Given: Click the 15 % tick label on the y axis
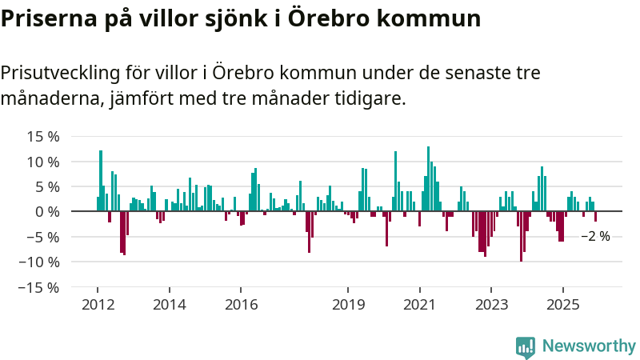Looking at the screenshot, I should [x=42, y=137].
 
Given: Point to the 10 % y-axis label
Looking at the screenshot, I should [x=42, y=162].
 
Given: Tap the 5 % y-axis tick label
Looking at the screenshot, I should [x=46, y=186].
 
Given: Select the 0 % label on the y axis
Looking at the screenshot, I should [x=46, y=211].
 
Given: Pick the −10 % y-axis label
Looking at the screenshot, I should [x=39, y=262].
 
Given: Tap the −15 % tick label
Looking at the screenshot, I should [x=39, y=286].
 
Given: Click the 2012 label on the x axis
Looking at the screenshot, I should [x=97, y=305].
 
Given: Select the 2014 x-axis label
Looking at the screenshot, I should [x=169, y=305].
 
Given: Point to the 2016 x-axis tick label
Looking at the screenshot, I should [x=241, y=305].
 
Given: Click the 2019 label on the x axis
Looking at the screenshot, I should [x=348, y=305].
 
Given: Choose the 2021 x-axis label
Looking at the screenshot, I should [x=420, y=305].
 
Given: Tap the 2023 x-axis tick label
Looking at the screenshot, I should [x=492, y=305].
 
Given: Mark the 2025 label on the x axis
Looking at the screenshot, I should [x=563, y=305].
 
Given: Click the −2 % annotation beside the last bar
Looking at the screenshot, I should [x=595, y=237].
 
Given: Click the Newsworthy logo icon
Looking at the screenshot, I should [x=526, y=346].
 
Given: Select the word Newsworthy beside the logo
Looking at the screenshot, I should [x=589, y=346].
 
